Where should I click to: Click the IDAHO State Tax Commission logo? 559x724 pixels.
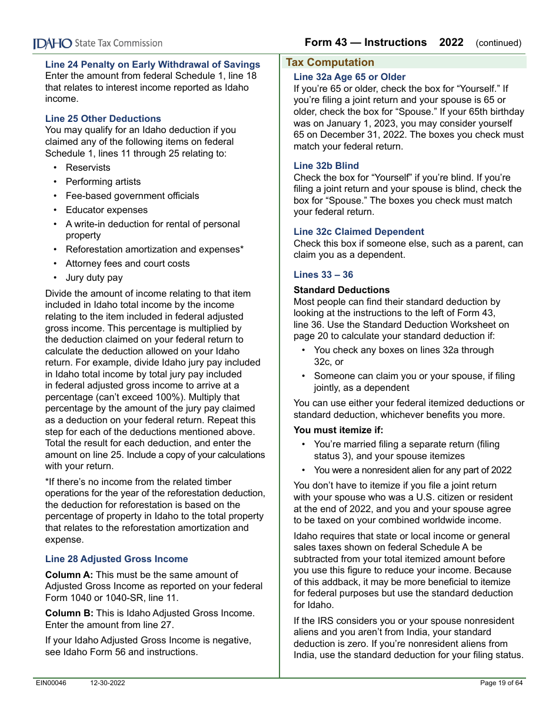tap(98, 43)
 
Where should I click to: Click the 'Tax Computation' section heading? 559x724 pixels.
tap(330, 62)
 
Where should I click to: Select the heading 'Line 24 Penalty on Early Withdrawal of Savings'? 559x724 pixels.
tap(152, 65)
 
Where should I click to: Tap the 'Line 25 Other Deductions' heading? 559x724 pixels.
tap(103, 118)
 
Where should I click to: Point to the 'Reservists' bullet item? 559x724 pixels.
tap(88, 168)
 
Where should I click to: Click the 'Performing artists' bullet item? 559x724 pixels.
tap(103, 182)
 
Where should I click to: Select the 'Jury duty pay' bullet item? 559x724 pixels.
tap(94, 278)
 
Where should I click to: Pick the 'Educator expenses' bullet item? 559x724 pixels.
tap(107, 210)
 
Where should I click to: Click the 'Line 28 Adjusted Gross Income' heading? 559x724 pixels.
tap(117, 559)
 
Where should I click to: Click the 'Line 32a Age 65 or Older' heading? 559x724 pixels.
tap(350, 77)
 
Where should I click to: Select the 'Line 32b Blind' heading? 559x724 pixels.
tap(326, 166)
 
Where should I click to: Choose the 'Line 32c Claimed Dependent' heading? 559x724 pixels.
tap(358, 232)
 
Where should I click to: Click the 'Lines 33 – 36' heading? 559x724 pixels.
tap(323, 275)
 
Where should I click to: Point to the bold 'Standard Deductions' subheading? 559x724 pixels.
tap(341, 290)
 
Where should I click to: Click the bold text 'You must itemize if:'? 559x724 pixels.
tap(338, 430)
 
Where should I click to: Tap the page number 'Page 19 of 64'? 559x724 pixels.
tap(501, 683)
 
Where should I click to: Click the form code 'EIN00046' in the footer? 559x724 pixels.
tap(51, 683)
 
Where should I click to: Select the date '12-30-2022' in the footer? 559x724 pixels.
tap(108, 683)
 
